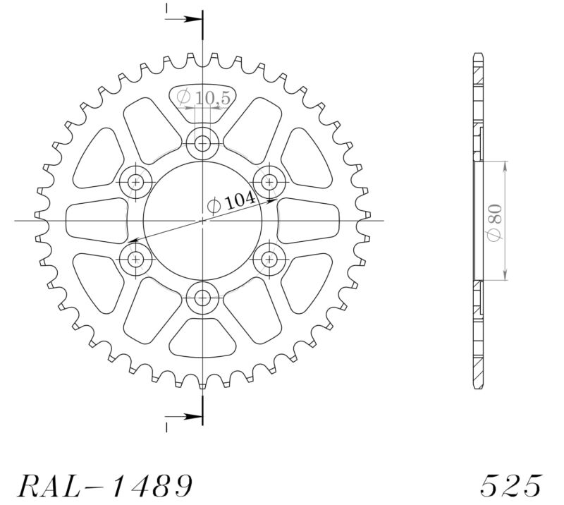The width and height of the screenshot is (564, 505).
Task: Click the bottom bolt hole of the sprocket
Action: (x=203, y=297)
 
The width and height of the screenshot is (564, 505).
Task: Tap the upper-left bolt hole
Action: (x=136, y=182)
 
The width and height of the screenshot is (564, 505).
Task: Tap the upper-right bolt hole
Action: (x=269, y=182)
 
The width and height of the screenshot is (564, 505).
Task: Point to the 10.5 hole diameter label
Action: (x=204, y=99)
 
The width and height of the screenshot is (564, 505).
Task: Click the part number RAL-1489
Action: (x=104, y=485)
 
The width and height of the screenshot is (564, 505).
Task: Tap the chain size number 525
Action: (x=511, y=485)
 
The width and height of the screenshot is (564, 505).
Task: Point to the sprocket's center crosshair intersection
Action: (x=203, y=221)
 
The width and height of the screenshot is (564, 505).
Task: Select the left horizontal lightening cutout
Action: (x=97, y=220)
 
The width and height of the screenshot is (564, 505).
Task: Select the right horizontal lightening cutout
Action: (x=308, y=220)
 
